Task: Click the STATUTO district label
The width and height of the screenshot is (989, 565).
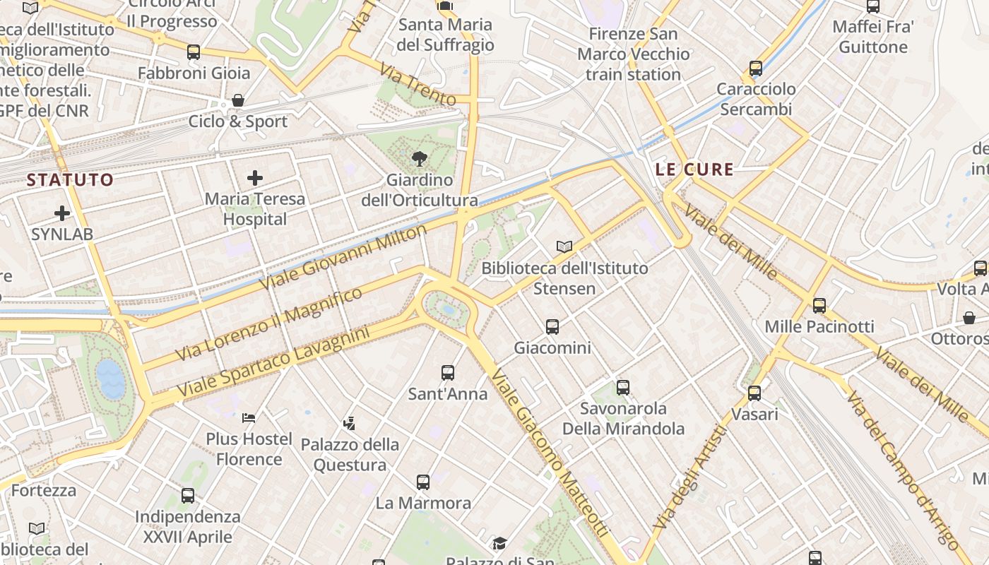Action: click(70, 180)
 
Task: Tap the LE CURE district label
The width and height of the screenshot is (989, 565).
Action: click(694, 169)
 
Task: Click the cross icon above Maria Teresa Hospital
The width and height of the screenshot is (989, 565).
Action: click(255, 178)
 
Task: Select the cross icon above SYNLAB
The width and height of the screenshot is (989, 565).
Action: click(62, 213)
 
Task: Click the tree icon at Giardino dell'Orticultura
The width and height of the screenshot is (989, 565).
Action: click(419, 159)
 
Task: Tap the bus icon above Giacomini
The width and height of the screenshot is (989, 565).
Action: click(552, 327)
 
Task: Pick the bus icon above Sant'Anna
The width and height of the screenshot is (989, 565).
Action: click(447, 373)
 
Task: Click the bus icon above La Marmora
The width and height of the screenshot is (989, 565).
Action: click(423, 482)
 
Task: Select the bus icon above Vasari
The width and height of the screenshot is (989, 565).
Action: click(754, 393)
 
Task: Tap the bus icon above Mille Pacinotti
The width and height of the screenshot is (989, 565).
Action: click(819, 306)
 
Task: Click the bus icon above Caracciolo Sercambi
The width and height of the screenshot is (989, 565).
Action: click(756, 69)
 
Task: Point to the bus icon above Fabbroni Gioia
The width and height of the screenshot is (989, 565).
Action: click(194, 52)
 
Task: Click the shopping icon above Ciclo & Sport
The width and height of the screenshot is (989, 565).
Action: click(238, 100)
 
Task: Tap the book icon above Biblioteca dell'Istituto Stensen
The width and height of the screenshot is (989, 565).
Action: click(564, 246)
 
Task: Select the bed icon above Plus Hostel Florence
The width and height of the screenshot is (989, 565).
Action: click(248, 417)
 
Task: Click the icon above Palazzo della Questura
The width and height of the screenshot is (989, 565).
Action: click(349, 424)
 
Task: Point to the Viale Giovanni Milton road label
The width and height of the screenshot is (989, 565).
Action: click(343, 257)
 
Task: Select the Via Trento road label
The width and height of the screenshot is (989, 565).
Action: click(417, 85)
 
